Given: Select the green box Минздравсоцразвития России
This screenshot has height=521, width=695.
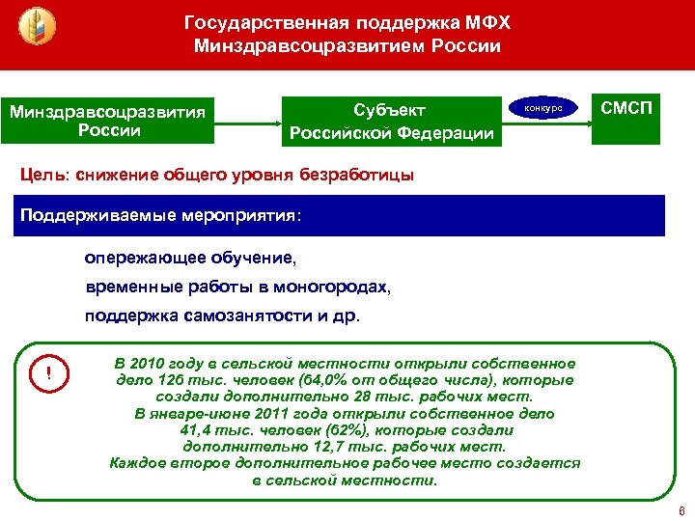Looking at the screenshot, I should point(108,121).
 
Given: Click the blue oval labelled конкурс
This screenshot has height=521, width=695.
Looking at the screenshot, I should point(542,109).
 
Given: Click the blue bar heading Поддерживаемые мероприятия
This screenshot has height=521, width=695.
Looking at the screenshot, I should point(161,214).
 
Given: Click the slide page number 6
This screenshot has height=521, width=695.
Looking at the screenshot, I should point(681,510).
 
